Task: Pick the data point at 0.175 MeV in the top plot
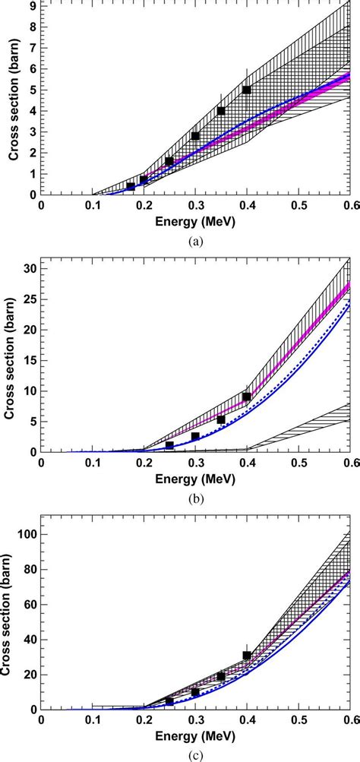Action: point(131,186)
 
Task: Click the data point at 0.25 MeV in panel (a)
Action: point(169,161)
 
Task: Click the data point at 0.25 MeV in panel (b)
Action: point(169,445)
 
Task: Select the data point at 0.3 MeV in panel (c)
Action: point(195,692)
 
